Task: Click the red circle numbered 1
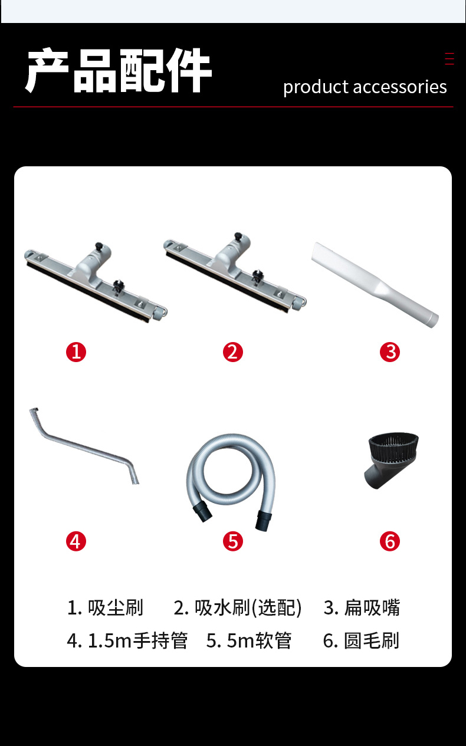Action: point(76,352)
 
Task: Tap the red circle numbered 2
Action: point(233,352)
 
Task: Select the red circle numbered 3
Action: point(390,352)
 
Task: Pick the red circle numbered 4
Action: point(76,541)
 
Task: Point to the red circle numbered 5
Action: point(233,541)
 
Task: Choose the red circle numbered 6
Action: point(390,541)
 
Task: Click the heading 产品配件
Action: point(118,70)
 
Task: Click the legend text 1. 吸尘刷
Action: point(105,608)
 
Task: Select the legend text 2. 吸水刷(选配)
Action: point(238,608)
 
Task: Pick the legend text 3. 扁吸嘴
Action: point(362,608)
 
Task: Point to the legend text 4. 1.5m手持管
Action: point(127,640)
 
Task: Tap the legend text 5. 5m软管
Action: point(249,640)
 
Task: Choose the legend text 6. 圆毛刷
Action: point(361,640)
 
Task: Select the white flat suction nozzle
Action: point(375,284)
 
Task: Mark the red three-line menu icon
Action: point(449,58)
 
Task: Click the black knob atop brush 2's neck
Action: point(238,236)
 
